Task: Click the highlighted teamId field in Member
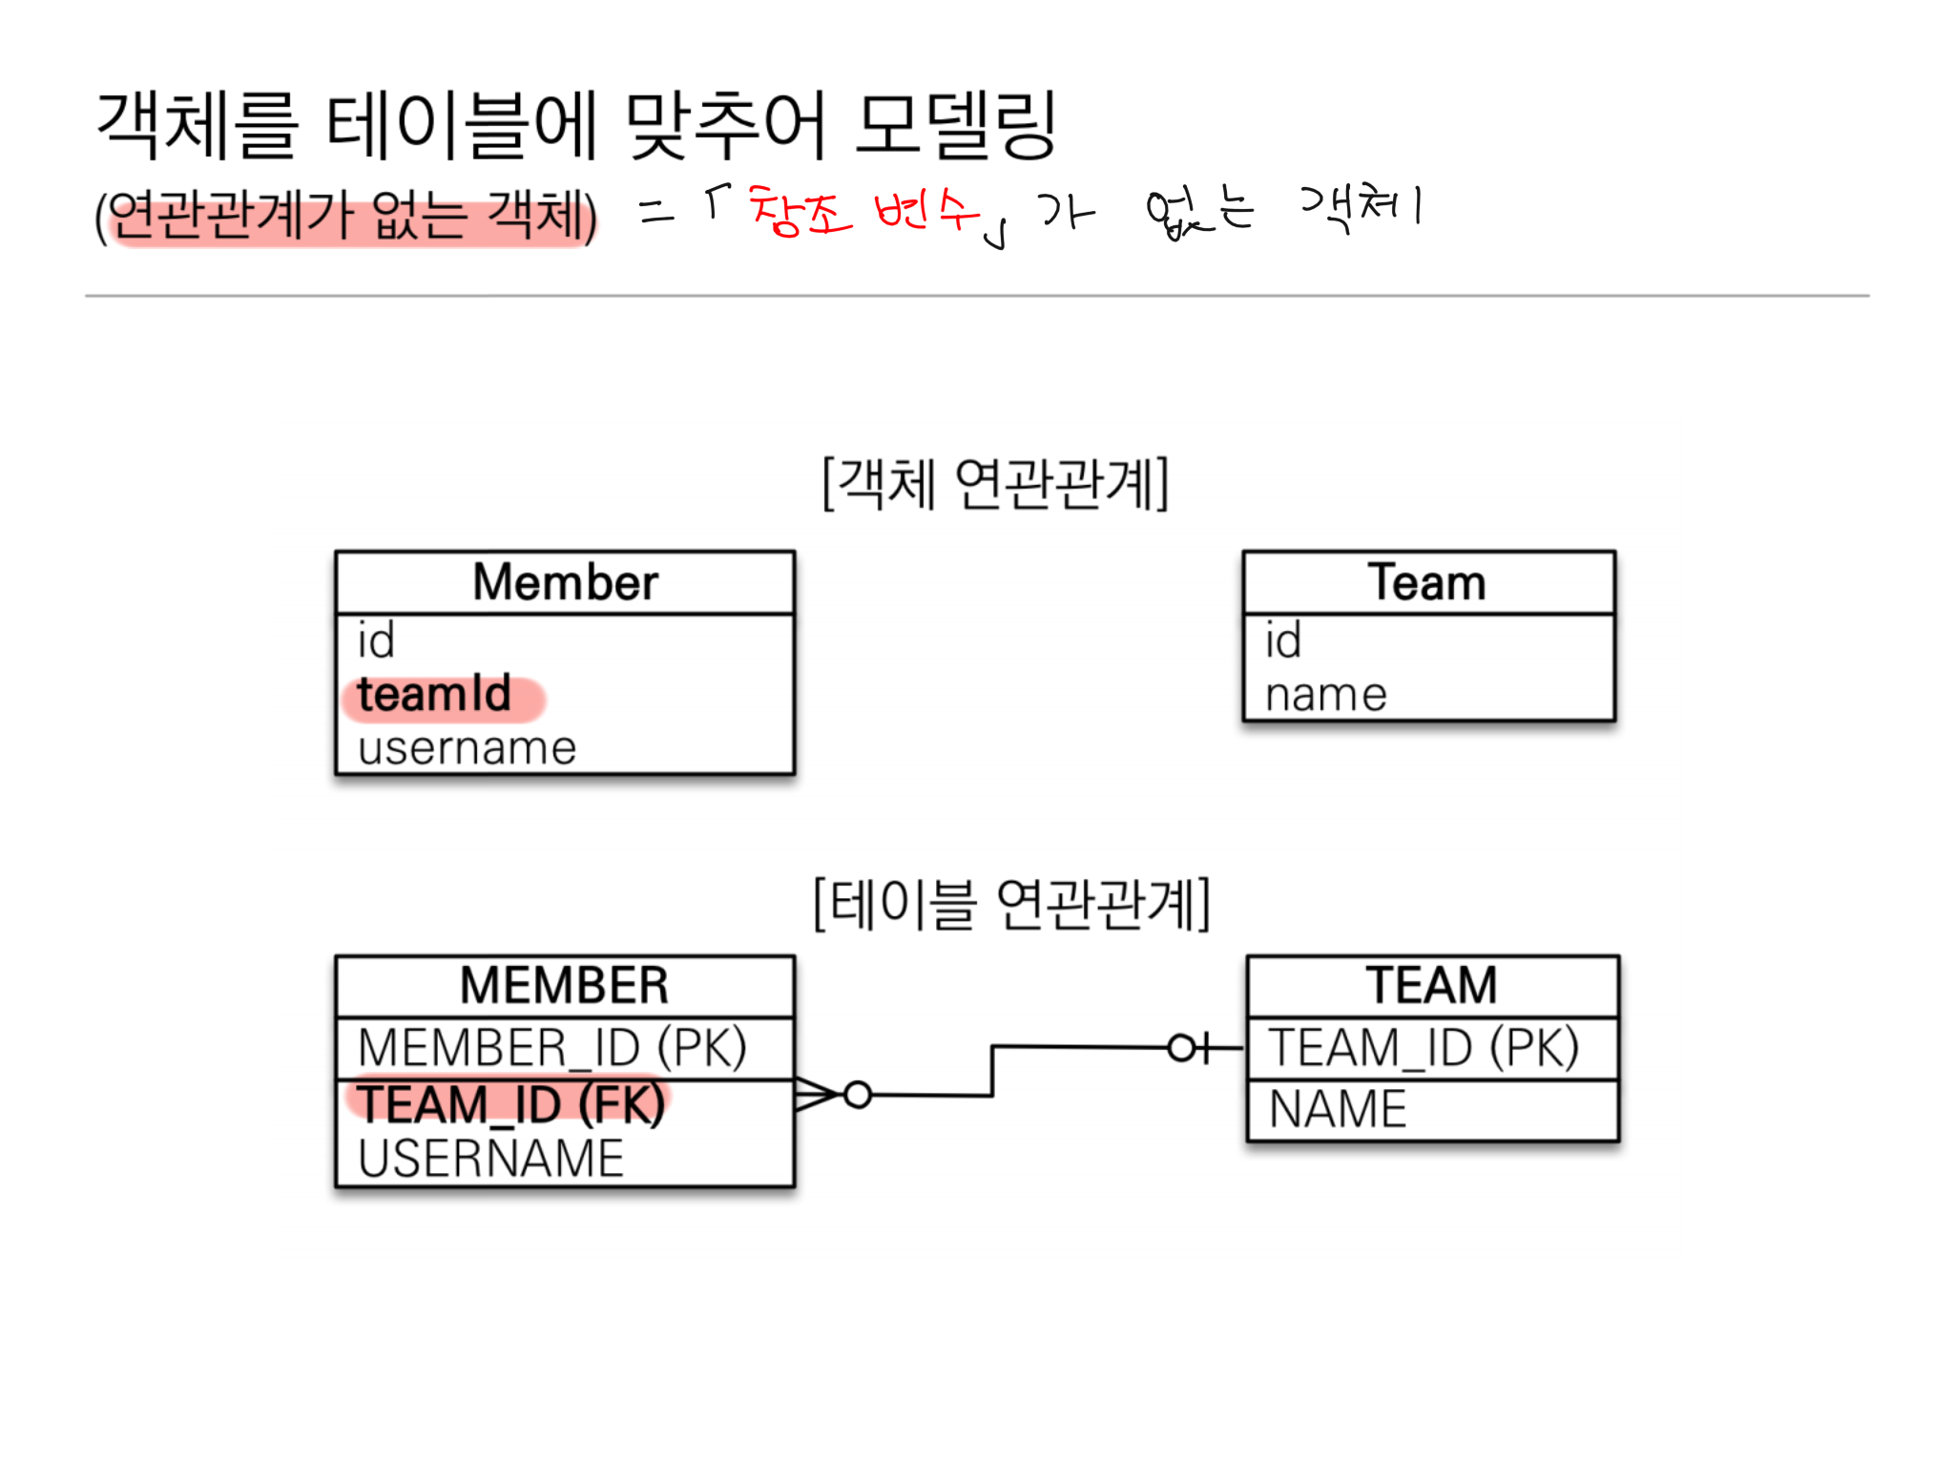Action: [x=435, y=695]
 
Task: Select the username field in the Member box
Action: [x=468, y=748]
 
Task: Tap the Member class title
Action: [x=565, y=582]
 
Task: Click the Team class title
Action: [x=1427, y=582]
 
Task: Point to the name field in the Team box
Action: [x=1326, y=695]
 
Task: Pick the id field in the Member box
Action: [x=376, y=640]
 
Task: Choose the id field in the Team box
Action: [x=1283, y=640]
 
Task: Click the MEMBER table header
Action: [x=564, y=986]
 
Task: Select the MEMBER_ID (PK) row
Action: [x=551, y=1048]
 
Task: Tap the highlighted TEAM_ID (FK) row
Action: [x=510, y=1104]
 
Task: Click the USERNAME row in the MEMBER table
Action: [x=490, y=1159]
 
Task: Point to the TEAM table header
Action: [x=1431, y=986]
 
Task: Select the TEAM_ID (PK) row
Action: [x=1423, y=1048]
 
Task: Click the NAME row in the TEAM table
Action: [x=1338, y=1109]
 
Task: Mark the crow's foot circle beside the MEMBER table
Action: [x=858, y=1095]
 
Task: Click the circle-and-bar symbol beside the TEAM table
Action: [x=1189, y=1048]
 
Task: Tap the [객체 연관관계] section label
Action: [x=995, y=483]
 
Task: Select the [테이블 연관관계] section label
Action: [x=1011, y=904]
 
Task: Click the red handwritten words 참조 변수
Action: [x=864, y=210]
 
